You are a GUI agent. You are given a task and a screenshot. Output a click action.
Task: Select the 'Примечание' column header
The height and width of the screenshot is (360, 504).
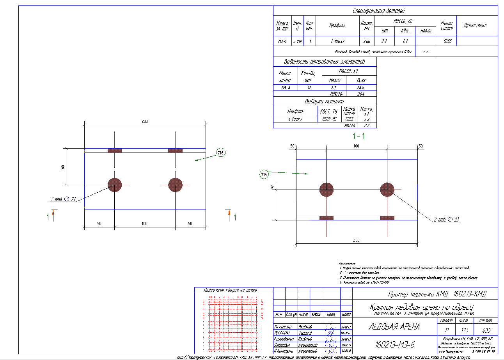(x=475, y=25)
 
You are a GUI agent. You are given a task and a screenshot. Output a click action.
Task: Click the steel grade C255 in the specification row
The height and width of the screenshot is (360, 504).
(x=447, y=41)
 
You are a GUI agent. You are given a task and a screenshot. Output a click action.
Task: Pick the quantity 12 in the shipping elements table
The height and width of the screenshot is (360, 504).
(x=309, y=88)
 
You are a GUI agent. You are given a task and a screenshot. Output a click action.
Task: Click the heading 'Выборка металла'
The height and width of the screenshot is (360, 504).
(x=325, y=101)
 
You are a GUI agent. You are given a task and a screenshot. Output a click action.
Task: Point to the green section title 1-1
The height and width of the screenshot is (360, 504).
(x=358, y=137)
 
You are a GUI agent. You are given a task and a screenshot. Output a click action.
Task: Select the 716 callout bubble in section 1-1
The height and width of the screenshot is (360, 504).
(x=264, y=175)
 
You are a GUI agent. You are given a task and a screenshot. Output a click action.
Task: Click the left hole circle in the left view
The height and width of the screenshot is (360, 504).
(x=115, y=185)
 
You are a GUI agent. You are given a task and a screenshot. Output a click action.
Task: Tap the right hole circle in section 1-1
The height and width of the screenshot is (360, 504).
(x=387, y=190)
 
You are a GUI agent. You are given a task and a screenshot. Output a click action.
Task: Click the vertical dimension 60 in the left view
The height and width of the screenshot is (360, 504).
(x=63, y=167)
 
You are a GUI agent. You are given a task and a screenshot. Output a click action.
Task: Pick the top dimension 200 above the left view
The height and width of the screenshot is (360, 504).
(x=145, y=122)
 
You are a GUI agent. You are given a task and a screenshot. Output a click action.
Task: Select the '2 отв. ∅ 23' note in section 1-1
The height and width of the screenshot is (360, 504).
(x=446, y=220)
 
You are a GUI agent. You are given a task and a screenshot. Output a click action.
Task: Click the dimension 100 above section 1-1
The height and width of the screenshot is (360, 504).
(x=356, y=145)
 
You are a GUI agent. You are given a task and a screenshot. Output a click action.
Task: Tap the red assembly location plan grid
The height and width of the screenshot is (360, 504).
(x=233, y=323)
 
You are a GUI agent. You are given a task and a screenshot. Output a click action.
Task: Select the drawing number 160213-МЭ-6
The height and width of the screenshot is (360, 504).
(x=394, y=345)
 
